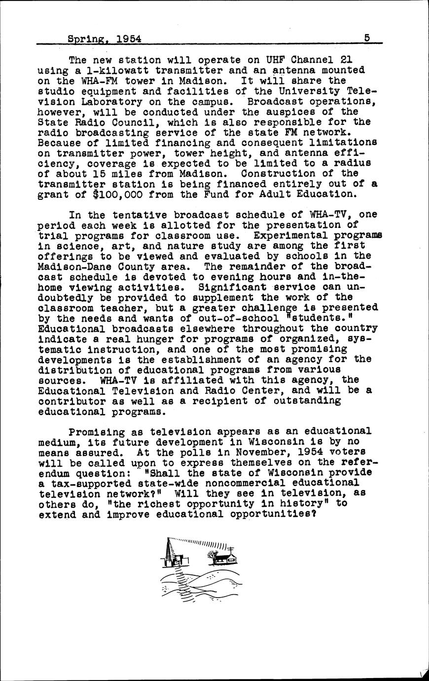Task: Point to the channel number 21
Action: click(343, 60)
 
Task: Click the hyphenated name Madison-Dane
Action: click(72, 266)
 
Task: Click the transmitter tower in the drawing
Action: click(171, 553)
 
